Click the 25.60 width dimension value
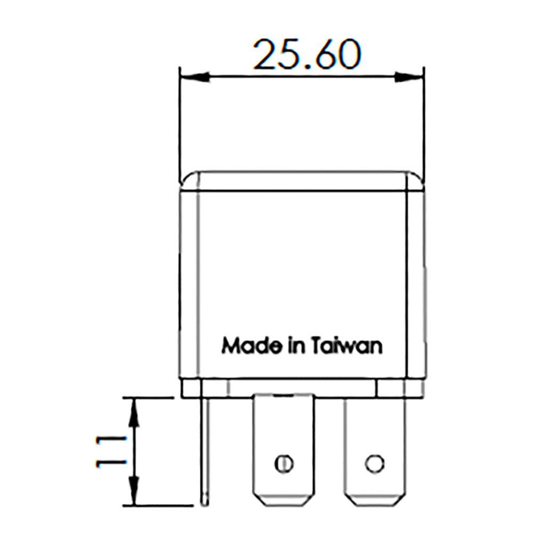point(306,54)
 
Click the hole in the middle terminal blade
point(284,463)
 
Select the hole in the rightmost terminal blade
point(375,462)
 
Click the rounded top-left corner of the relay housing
point(186,179)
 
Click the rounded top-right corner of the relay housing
point(416,179)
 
